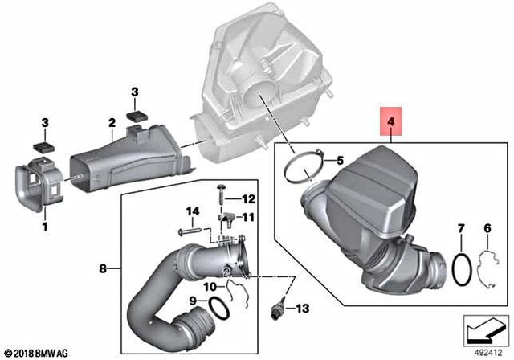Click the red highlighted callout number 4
tap(390, 123)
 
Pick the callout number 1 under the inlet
tap(44, 227)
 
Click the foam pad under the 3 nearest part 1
tap(43, 147)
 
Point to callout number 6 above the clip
tap(487, 230)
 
